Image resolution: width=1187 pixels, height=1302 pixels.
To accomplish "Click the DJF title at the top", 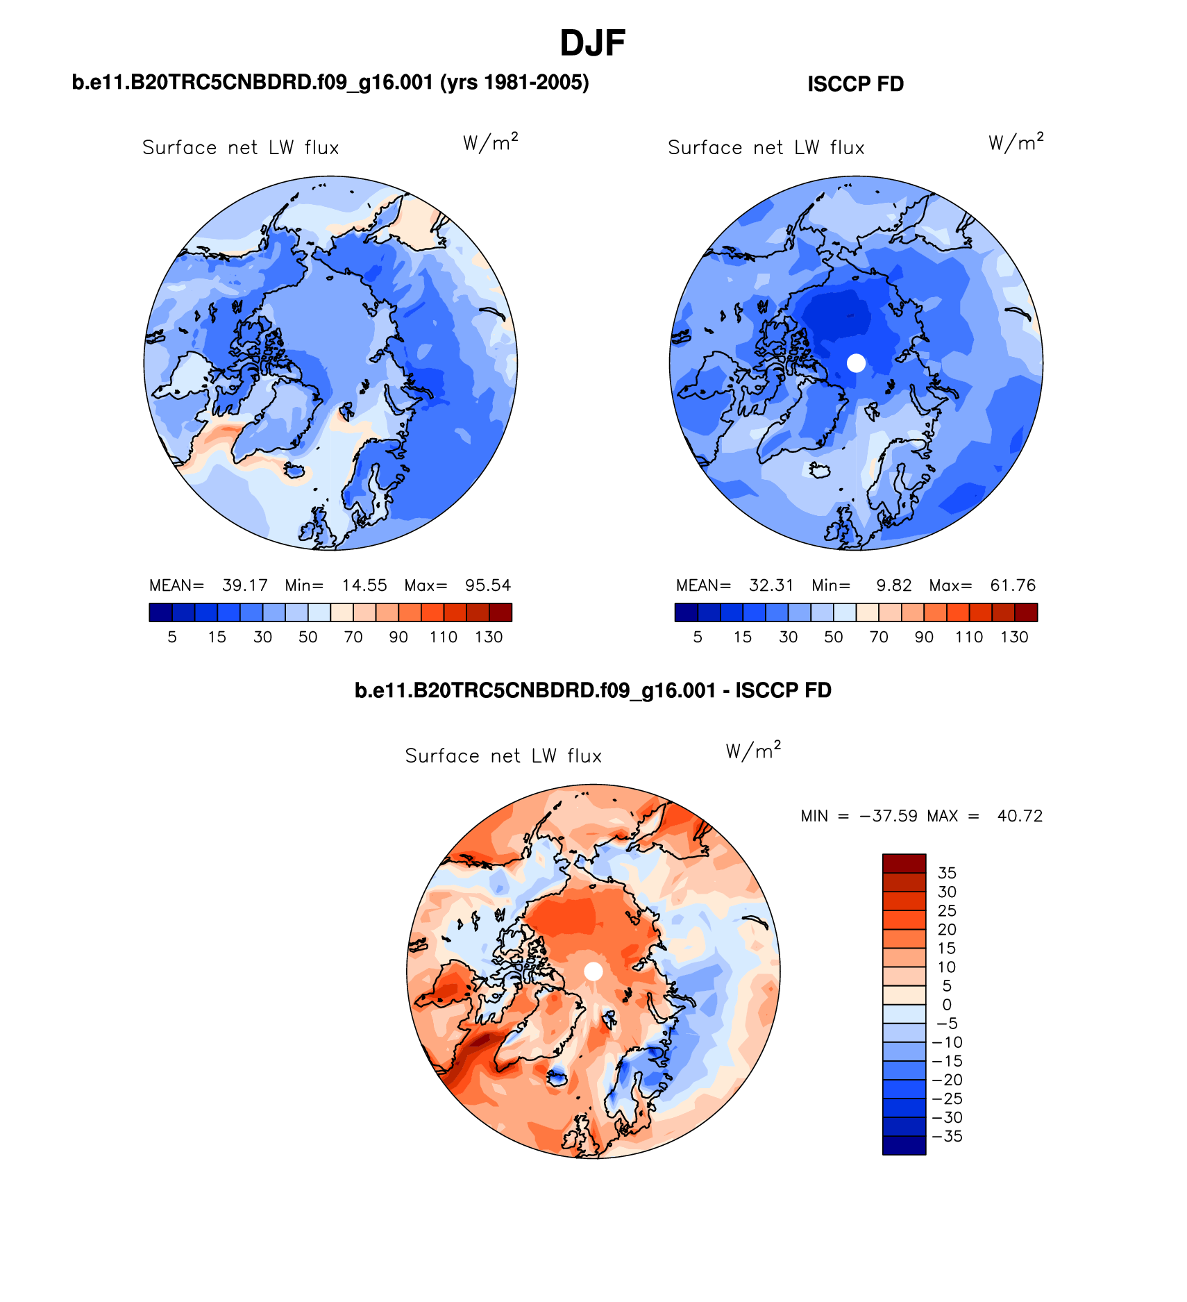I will tap(592, 43).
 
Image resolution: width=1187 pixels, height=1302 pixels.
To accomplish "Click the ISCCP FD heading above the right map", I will tap(855, 84).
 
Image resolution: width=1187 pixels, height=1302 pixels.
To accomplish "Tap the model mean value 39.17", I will tap(244, 585).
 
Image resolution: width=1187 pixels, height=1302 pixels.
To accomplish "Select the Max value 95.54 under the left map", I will tap(488, 585).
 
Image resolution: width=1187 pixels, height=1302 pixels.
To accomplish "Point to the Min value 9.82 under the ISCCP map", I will tap(893, 585).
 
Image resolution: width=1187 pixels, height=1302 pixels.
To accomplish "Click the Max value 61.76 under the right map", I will tap(1013, 585).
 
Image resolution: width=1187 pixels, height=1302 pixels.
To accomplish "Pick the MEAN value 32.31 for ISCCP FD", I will tap(771, 585).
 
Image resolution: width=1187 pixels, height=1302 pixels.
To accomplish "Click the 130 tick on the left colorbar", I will tap(489, 637).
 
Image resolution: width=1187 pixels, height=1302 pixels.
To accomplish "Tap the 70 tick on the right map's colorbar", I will tap(879, 637).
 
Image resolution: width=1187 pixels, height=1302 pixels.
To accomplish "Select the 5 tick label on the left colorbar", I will tap(172, 637).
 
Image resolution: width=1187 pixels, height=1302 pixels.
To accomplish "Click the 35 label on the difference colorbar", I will tap(947, 873).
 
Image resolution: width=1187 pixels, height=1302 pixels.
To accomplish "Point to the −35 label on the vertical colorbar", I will tap(948, 1136).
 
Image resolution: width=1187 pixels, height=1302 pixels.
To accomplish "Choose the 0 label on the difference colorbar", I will tap(947, 1005).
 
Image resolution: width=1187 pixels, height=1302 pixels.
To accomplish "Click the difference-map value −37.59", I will tap(889, 816).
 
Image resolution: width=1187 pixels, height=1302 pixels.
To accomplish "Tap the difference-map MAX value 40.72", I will tap(1020, 816).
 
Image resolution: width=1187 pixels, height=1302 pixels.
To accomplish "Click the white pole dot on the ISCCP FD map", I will tap(857, 362).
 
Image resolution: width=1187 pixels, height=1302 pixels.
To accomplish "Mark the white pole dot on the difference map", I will tap(593, 971).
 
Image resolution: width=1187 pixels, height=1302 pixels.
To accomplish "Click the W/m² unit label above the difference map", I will tap(753, 751).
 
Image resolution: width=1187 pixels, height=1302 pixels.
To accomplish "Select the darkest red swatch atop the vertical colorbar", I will tap(904, 863).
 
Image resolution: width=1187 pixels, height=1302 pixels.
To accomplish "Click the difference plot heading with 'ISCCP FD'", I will tap(593, 690).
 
